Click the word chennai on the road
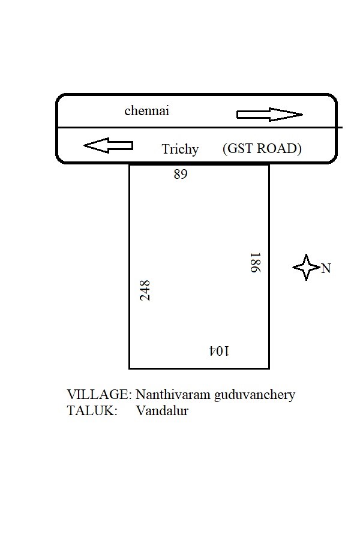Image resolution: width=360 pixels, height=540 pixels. click(147, 111)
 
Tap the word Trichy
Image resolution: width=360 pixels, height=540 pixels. click(180, 149)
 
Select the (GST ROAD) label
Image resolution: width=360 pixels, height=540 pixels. click(262, 149)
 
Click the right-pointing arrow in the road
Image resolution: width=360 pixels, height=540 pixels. click(269, 115)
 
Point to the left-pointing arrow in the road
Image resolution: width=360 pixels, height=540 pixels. click(108, 145)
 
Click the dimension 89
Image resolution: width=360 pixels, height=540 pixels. click(181, 175)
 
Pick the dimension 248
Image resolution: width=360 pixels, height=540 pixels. click(145, 290)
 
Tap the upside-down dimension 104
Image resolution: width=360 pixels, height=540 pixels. click(219, 351)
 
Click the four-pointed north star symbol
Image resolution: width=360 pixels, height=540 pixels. click(306, 267)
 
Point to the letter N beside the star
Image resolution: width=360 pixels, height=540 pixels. click(326, 268)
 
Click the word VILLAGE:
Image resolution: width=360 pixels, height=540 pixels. click(99, 395)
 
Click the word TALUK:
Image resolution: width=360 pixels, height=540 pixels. click(92, 411)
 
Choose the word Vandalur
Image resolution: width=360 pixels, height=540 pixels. click(161, 411)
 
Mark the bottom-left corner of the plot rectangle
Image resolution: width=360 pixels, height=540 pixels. click(130, 368)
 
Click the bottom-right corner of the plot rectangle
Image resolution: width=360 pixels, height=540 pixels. click(269, 368)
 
